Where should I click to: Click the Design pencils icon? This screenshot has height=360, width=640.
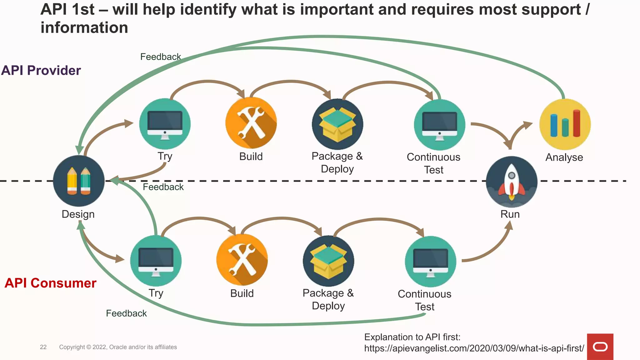[x=79, y=181]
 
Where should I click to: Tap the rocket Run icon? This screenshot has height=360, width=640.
[x=512, y=182]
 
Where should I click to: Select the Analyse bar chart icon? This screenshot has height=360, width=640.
[x=565, y=124]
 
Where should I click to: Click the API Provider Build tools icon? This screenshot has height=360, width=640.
[x=251, y=123]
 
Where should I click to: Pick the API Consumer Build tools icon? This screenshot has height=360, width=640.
[x=242, y=260]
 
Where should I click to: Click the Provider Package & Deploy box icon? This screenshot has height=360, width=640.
[x=337, y=124]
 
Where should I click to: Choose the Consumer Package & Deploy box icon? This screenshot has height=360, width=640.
[x=328, y=261]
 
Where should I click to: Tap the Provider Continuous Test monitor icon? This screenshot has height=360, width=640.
[x=439, y=125]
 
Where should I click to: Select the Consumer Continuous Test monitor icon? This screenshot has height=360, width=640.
[x=430, y=262]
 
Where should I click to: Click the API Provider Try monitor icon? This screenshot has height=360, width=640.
[x=165, y=124]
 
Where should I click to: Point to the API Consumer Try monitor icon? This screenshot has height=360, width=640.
[x=156, y=261]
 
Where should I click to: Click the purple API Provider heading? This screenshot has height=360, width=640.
[x=41, y=70]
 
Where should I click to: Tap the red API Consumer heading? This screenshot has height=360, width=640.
[x=50, y=283]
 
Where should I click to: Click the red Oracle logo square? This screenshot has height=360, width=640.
[x=600, y=347]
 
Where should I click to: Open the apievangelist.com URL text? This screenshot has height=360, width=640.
[x=474, y=348]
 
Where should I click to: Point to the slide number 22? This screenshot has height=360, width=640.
[x=43, y=347]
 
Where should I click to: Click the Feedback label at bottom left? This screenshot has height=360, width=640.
[x=126, y=313]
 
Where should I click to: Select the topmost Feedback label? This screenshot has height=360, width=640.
[x=160, y=57]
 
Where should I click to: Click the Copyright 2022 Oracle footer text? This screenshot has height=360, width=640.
[x=118, y=347]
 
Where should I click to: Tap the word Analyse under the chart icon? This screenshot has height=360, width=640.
[x=564, y=157]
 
